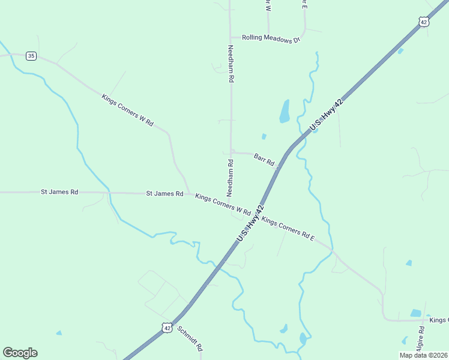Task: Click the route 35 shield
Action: (x=32, y=56)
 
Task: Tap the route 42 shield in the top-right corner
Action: (x=424, y=22)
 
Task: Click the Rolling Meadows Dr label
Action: (x=270, y=38)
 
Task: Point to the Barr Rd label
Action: (x=264, y=159)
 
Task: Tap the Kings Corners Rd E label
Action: (x=288, y=230)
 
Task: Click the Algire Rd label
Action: (x=422, y=338)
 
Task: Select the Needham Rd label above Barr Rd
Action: (x=231, y=64)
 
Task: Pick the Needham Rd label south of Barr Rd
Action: (x=230, y=178)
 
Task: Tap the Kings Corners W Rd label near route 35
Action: (x=127, y=109)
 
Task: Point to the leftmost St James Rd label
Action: (x=59, y=192)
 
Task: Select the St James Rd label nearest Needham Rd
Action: (x=164, y=194)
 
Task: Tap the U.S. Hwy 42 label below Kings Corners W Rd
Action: (x=250, y=223)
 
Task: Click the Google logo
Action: (x=20, y=353)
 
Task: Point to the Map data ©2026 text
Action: (x=423, y=355)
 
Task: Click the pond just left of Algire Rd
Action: (x=415, y=313)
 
